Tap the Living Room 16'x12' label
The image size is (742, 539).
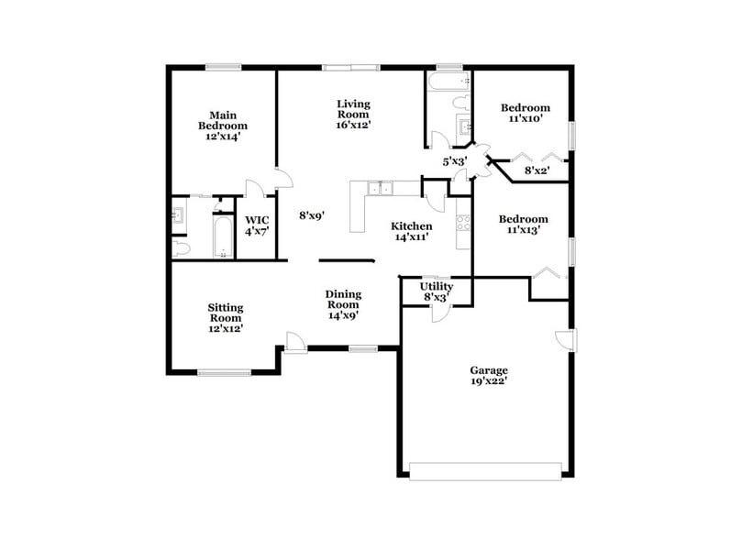[x=353, y=115]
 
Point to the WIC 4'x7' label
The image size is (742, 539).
[x=255, y=226]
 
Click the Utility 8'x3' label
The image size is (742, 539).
[x=437, y=292]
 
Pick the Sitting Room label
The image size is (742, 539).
[x=225, y=317]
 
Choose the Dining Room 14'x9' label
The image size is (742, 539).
[x=344, y=304]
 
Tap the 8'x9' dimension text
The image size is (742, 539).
[x=313, y=216]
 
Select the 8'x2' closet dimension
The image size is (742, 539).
[x=537, y=170]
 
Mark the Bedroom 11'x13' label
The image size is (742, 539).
[x=524, y=225]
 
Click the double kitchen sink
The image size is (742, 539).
[x=378, y=189]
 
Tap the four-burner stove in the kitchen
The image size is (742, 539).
[x=463, y=226]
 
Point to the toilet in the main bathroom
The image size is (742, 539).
[x=181, y=248]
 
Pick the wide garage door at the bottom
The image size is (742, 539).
[x=486, y=471]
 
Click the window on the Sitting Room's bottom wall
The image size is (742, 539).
[x=225, y=372]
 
